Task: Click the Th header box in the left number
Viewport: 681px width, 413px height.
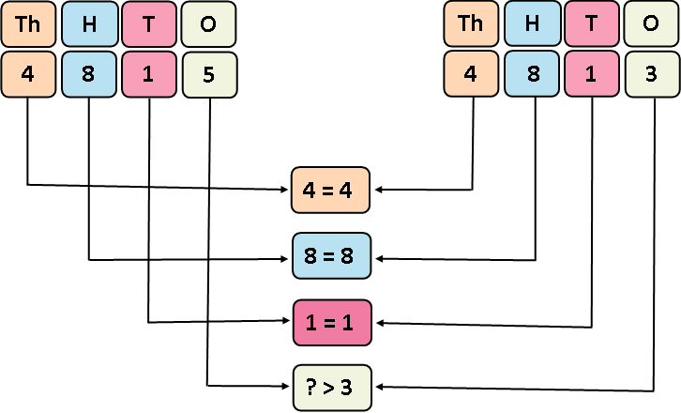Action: coord(27,24)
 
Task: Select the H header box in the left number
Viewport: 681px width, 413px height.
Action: coord(89,24)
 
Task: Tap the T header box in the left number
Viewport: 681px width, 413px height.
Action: coord(149,24)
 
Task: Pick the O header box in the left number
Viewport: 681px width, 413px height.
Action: coord(208,24)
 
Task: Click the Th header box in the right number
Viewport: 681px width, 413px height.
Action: coord(471,24)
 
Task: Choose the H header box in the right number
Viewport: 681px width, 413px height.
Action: coord(533,24)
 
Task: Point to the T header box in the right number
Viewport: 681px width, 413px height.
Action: coord(592,24)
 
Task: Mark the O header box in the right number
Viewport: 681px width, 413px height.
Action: coord(652,24)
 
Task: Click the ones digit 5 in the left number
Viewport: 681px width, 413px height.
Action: coord(208,73)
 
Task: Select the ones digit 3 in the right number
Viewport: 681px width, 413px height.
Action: coord(652,73)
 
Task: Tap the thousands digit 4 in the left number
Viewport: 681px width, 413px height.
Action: coord(27,73)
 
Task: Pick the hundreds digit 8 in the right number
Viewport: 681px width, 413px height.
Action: coord(533,73)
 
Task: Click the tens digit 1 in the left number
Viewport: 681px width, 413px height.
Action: coord(149,73)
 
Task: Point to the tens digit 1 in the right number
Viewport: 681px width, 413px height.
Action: coord(592,73)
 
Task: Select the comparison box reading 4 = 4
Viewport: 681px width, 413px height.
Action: coord(332,189)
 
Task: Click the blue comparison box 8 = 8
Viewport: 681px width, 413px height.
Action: coord(332,255)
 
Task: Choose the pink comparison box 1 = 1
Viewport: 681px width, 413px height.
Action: coord(332,322)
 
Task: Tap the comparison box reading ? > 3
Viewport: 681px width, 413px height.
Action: coord(332,387)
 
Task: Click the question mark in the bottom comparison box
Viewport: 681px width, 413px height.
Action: coord(313,387)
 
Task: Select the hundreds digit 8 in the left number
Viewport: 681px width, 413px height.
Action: coord(89,73)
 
